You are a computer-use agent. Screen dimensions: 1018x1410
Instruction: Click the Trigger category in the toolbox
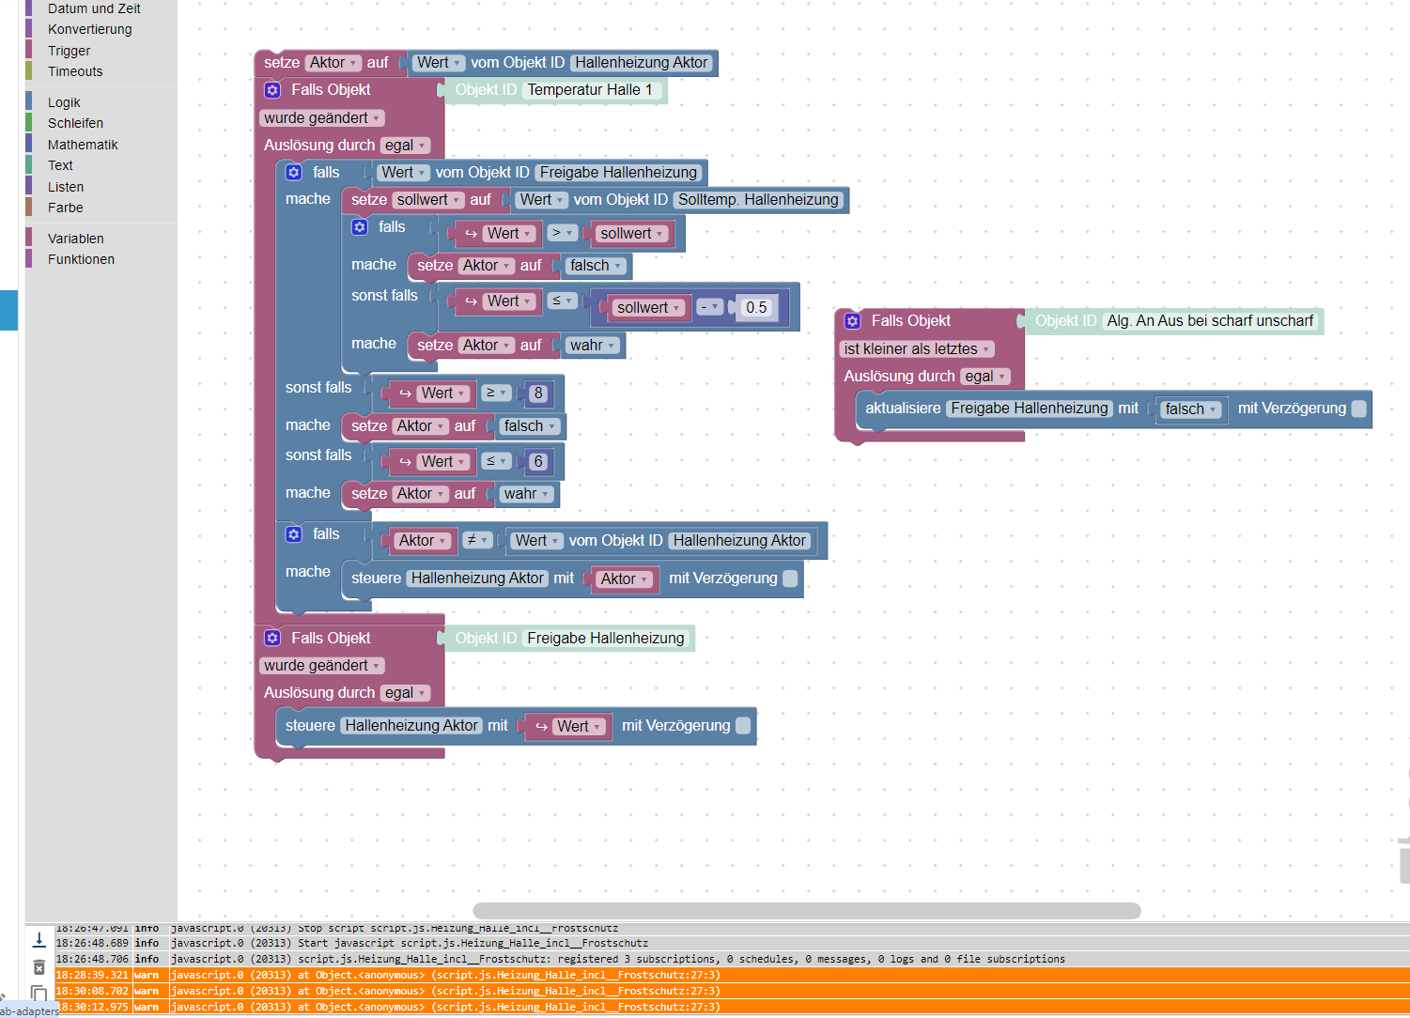click(x=69, y=51)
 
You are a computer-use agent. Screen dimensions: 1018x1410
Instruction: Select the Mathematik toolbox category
click(x=83, y=145)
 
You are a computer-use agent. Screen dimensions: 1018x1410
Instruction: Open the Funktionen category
click(x=81, y=259)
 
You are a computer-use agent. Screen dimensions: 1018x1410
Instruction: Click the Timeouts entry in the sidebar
click(x=75, y=71)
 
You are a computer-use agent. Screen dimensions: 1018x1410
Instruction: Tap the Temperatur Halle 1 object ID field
click(x=589, y=90)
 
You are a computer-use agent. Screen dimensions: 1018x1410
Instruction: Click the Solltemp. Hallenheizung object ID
click(x=757, y=200)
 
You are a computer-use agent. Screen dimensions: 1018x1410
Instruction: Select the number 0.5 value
click(x=755, y=308)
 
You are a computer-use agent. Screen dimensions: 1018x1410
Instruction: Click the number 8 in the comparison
click(x=537, y=393)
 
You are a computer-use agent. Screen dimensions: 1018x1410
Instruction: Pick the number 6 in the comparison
click(x=537, y=462)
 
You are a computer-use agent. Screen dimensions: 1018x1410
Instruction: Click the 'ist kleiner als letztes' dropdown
click(x=916, y=349)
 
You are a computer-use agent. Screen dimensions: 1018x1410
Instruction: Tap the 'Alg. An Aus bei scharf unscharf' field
click(x=1209, y=321)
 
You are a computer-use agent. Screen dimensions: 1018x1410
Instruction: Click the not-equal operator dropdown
click(x=477, y=540)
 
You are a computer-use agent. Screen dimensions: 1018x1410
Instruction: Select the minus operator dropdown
click(x=709, y=307)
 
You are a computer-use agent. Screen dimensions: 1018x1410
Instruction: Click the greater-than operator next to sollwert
click(x=562, y=233)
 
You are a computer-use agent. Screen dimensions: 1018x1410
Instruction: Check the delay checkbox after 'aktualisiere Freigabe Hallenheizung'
click(x=1358, y=409)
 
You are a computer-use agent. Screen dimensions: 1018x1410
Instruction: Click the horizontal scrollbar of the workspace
click(x=806, y=911)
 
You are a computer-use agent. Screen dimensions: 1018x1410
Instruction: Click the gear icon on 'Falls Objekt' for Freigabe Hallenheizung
click(x=272, y=639)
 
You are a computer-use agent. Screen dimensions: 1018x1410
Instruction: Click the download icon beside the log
click(x=39, y=939)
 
